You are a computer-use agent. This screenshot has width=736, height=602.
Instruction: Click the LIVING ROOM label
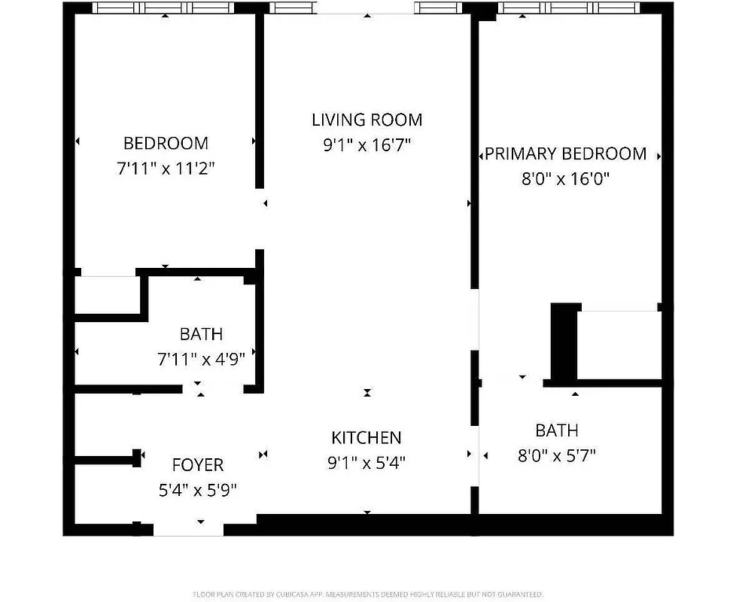click(x=366, y=120)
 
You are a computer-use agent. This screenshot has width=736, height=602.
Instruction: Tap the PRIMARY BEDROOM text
click(x=565, y=154)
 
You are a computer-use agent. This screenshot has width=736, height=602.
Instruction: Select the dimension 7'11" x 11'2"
click(x=166, y=169)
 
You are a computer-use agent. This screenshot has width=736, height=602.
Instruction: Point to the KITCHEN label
click(x=366, y=437)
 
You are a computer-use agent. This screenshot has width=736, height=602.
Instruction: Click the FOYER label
click(x=197, y=465)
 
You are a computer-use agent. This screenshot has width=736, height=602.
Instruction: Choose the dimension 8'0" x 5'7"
click(x=557, y=456)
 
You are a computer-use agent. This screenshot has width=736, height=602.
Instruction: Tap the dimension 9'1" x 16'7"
click(x=366, y=145)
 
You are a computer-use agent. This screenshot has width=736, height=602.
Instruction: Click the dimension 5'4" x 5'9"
click(x=197, y=491)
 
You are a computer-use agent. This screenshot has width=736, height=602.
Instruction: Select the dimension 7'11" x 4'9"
click(x=201, y=359)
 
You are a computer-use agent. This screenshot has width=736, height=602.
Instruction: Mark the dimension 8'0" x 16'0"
click(x=565, y=179)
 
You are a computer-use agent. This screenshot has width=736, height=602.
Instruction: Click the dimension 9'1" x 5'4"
click(x=366, y=463)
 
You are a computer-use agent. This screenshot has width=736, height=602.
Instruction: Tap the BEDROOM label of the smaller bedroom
click(x=166, y=143)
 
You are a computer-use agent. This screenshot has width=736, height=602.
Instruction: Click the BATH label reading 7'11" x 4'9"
click(x=201, y=333)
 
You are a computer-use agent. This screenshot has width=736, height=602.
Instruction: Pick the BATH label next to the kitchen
click(x=557, y=430)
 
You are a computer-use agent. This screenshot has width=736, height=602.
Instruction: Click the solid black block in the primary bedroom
click(x=564, y=342)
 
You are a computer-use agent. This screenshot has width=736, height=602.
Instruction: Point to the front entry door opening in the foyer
click(x=188, y=530)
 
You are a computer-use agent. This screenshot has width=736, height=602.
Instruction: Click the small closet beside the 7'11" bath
click(x=107, y=294)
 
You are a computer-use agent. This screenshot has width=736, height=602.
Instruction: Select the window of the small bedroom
click(x=165, y=8)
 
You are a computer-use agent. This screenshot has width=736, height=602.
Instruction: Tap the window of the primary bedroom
click(x=570, y=8)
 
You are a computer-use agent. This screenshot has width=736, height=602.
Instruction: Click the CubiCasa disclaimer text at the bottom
click(x=368, y=594)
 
